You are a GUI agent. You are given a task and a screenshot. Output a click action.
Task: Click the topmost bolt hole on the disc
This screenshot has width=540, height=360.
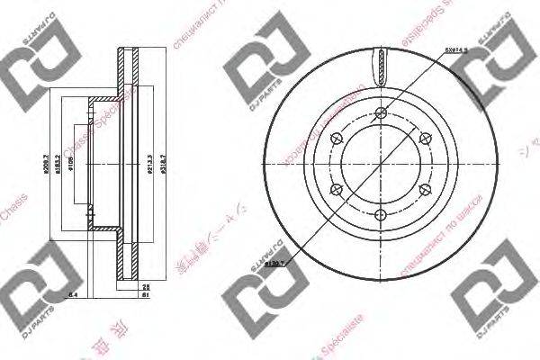(x=381, y=112)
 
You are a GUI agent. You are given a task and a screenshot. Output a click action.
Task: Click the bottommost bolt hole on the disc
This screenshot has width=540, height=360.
(x=381, y=215)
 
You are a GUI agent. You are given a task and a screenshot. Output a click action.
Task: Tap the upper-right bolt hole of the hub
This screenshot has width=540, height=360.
(x=425, y=138)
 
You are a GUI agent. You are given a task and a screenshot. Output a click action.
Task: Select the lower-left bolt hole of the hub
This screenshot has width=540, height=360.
(x=337, y=189)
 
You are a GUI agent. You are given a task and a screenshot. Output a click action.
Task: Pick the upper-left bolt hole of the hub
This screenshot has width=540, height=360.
(x=337, y=138)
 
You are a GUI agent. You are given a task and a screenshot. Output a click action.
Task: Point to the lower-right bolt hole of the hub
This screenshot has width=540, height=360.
(x=425, y=189)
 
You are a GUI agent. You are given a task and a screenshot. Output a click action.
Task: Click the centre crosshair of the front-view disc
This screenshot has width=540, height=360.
(x=381, y=164)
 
